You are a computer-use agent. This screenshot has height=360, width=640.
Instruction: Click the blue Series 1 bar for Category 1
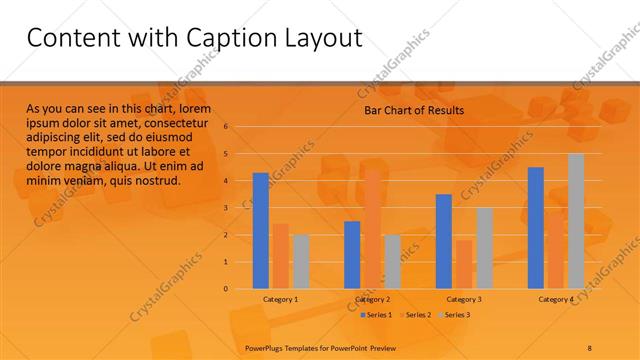pos(260,231)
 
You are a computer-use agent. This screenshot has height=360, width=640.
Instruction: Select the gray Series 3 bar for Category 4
pos(576,221)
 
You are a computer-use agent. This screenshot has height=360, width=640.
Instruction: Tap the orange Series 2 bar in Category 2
pos(372,229)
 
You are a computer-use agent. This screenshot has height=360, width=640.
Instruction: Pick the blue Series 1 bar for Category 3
pos(444,241)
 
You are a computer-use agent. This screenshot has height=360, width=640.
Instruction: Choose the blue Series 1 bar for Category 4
pos(536,228)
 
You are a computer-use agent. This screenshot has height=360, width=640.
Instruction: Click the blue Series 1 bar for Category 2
pos(352,255)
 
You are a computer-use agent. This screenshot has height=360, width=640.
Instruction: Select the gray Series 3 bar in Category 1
pos(300,261)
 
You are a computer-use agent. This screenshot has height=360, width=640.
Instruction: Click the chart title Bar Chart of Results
pos(413,111)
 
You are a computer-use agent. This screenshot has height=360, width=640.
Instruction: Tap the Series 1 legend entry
pos(376,315)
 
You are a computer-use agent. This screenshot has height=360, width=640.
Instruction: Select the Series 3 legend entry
pos(456,315)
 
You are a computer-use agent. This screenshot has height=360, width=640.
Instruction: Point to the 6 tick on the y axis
pos(227,127)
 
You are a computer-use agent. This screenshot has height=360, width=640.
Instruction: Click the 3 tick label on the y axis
pos(227,208)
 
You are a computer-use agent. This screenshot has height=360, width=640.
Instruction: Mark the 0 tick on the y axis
pos(227,289)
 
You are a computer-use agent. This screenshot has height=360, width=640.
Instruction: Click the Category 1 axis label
pos(280,299)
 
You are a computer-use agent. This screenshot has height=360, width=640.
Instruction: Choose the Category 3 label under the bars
pos(464,299)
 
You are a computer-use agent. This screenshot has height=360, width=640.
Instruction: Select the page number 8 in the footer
pos(589,347)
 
